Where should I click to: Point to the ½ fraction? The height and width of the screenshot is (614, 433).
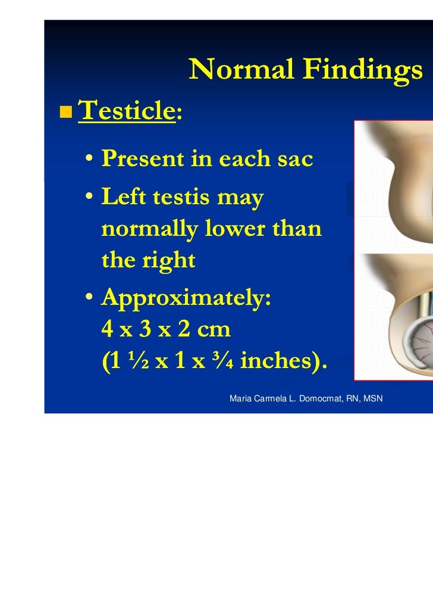pyautogui.click(x=137, y=360)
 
